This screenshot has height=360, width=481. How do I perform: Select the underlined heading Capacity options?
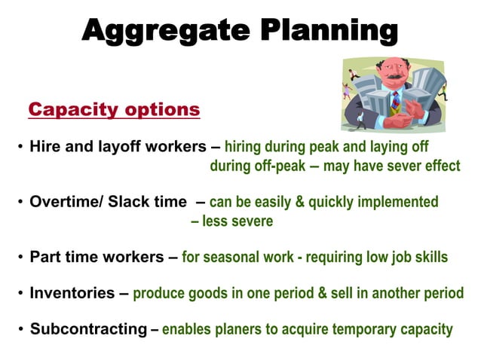point(114,110)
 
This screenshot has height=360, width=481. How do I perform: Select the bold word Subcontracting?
point(88,329)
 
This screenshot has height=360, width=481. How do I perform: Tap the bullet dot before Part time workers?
point(20,258)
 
